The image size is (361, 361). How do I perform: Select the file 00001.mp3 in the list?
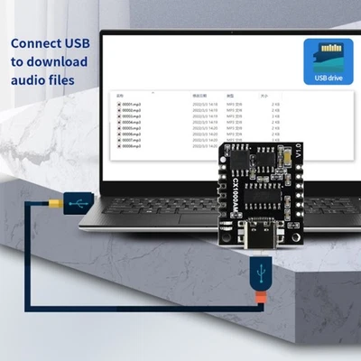(130, 104)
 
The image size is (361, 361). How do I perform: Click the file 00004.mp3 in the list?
(130, 122)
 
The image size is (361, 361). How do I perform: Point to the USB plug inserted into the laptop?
(86, 206)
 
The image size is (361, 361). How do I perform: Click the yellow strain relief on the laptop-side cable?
(67, 207)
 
